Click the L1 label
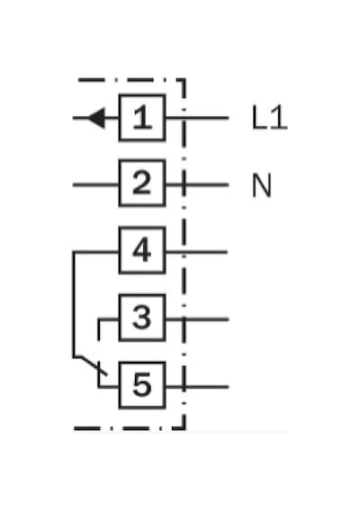[x=269, y=118]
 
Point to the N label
[x=262, y=185]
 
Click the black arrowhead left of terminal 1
[x=96, y=118]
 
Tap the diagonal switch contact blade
[x=90, y=365]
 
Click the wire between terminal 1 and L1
[x=197, y=118]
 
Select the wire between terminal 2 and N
[x=197, y=184]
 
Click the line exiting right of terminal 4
[x=197, y=252]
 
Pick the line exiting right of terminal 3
[x=197, y=319]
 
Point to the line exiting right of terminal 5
[x=197, y=387]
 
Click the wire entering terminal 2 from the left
[x=95, y=184]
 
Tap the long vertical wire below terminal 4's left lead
[x=74, y=304]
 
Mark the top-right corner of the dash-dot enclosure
[x=184, y=79]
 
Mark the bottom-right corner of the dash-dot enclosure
[x=184, y=427]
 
